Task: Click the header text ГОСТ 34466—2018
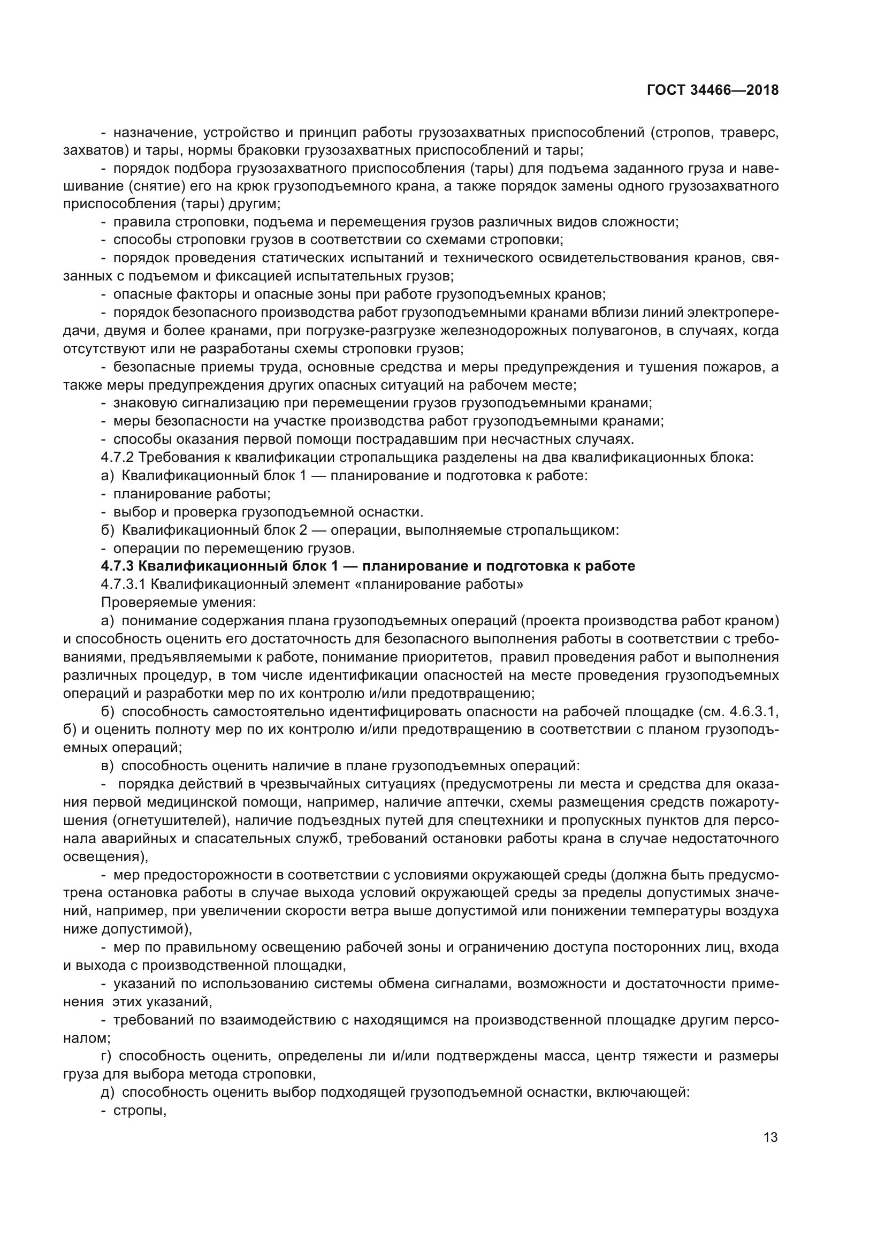(x=713, y=90)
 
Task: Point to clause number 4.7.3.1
(x=124, y=584)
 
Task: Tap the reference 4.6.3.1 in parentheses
(x=754, y=712)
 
